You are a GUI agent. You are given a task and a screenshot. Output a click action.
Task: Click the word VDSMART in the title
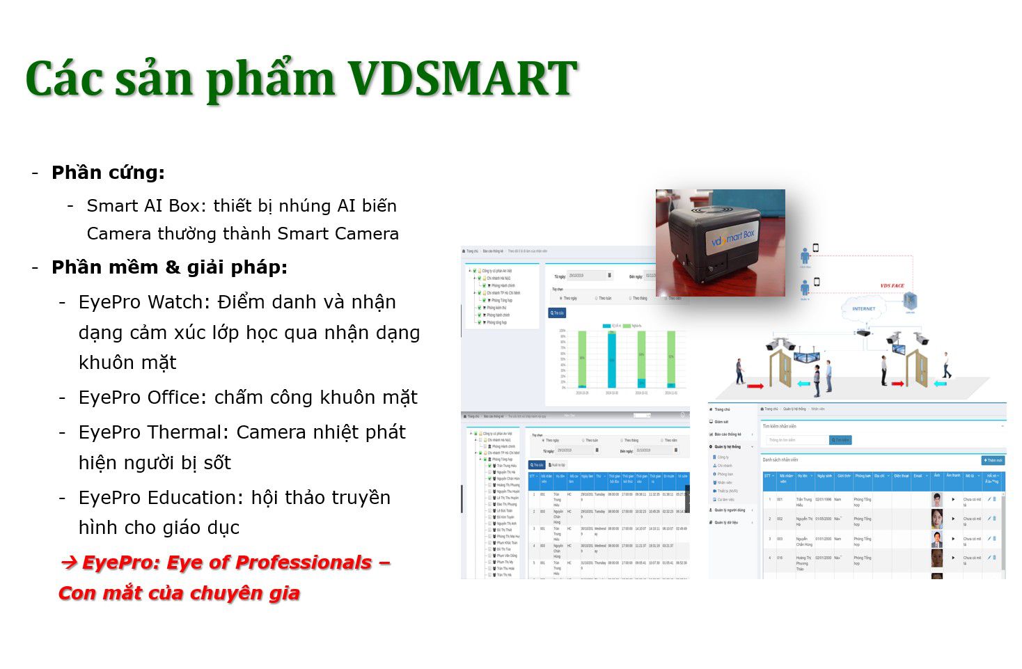tap(462, 78)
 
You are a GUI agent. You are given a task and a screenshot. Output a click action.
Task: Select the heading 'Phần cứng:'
tap(108, 173)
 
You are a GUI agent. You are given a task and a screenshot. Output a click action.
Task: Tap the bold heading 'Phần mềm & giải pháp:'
tap(169, 267)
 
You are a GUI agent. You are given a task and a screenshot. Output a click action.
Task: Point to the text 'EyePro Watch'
tap(144, 302)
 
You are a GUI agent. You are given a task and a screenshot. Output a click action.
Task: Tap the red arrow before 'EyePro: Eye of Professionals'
tap(68, 562)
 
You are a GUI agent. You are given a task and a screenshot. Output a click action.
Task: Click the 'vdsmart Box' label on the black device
tap(731, 239)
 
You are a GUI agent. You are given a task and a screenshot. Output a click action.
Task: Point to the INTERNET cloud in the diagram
tap(863, 308)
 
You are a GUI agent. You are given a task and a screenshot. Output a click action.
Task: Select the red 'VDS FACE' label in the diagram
tap(892, 285)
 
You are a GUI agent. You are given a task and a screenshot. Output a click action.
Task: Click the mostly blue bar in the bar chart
tap(612, 359)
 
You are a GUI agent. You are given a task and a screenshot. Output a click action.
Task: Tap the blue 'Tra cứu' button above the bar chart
tap(557, 313)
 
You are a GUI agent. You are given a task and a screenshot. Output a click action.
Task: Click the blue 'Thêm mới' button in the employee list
tap(993, 460)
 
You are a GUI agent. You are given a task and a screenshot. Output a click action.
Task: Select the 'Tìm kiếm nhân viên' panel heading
tap(779, 426)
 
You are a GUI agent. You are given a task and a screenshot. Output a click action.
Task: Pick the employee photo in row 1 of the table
tap(936, 499)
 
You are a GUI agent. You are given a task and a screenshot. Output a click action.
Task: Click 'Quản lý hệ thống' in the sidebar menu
tap(727, 446)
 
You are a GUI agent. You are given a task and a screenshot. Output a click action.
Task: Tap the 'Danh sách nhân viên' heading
tap(780, 459)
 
